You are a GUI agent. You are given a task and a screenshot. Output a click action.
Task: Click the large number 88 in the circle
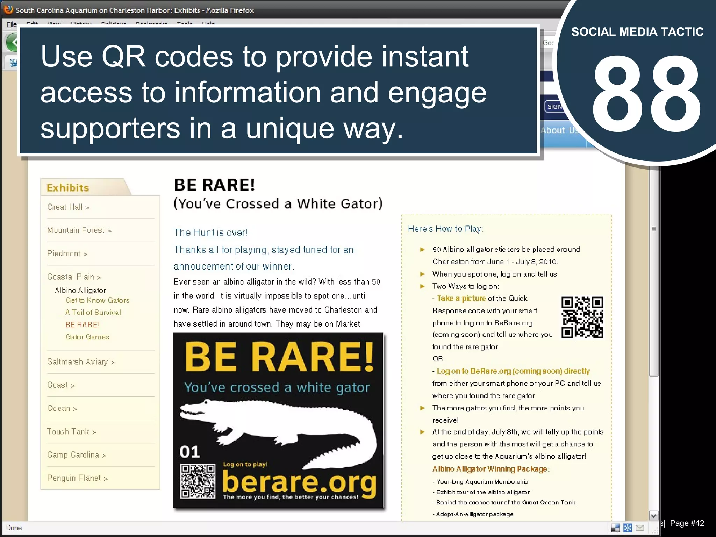click(646, 94)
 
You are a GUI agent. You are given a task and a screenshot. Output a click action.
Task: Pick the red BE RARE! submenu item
click(83, 325)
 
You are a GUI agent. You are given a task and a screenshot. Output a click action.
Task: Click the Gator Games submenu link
click(87, 337)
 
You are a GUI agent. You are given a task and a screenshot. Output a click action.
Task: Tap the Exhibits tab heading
click(68, 188)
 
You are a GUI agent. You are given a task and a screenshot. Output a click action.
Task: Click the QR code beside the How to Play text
click(582, 317)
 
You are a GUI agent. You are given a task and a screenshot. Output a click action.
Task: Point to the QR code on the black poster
click(198, 481)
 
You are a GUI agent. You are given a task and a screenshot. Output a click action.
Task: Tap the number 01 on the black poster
click(190, 452)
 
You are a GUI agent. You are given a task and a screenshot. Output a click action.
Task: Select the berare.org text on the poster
click(299, 482)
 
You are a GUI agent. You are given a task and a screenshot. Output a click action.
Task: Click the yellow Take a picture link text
click(461, 299)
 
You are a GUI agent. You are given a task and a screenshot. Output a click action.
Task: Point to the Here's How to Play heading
click(445, 229)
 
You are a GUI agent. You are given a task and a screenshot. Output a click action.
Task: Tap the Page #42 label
click(687, 523)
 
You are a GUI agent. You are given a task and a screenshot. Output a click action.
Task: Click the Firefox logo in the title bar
click(9, 10)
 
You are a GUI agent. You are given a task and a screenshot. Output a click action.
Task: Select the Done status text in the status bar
click(14, 528)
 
